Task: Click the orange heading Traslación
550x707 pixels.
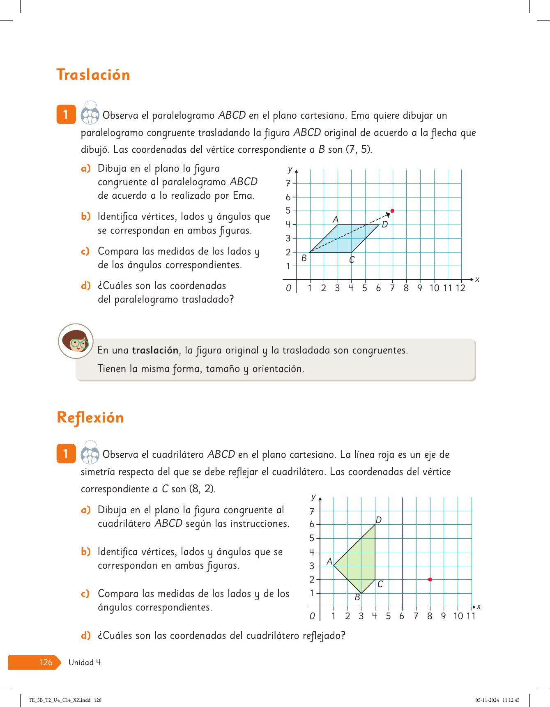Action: click(x=93, y=75)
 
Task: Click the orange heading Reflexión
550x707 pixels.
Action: click(x=90, y=418)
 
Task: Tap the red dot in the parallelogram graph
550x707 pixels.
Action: click(x=392, y=211)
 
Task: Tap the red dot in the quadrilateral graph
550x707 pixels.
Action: click(x=430, y=579)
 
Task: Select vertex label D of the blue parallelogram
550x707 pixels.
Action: click(x=385, y=225)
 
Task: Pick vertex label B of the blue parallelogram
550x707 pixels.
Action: click(x=304, y=258)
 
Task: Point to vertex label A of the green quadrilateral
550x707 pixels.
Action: click(x=329, y=561)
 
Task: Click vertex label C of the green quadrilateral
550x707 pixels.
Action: click(x=380, y=584)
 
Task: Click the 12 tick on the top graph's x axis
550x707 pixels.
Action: click(x=460, y=288)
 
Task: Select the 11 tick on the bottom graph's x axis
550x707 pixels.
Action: click(x=471, y=616)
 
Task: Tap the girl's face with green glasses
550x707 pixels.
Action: click(x=76, y=341)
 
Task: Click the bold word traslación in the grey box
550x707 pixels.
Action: click(x=155, y=350)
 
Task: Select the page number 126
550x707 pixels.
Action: click(x=46, y=662)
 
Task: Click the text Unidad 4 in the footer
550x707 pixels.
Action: click(x=85, y=662)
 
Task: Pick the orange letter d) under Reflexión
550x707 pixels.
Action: click(x=85, y=636)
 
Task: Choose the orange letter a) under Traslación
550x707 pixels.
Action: click(x=85, y=168)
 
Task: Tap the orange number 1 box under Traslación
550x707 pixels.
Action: click(x=66, y=115)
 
